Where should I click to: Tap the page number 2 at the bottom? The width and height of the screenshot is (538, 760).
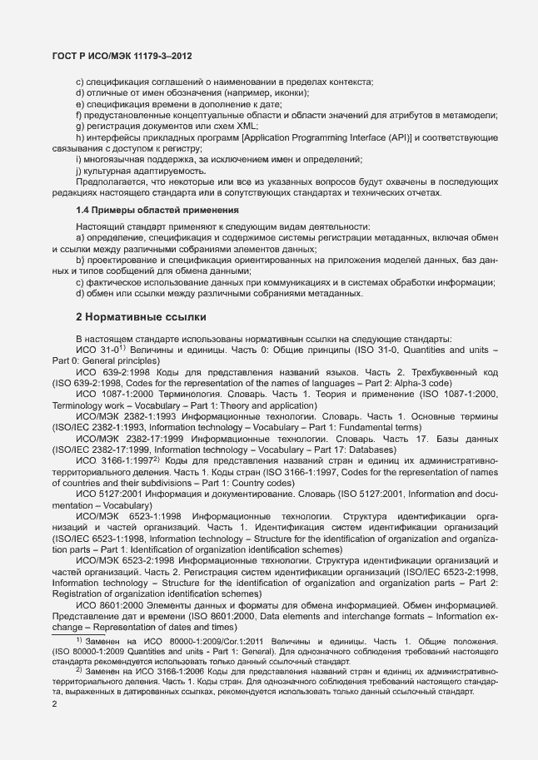point(54,706)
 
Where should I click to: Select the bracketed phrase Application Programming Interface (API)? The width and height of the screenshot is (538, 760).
point(326,137)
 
